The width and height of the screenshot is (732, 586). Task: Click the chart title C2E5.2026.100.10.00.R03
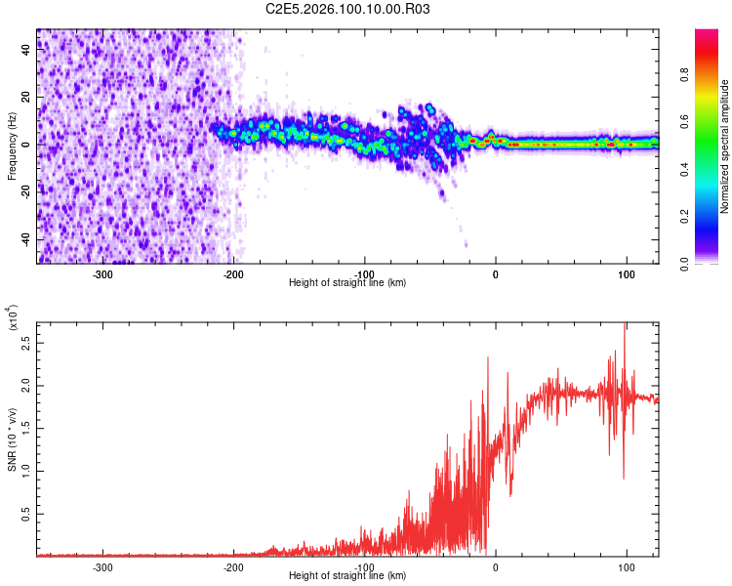(348, 10)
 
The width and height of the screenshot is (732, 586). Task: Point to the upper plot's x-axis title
(347, 282)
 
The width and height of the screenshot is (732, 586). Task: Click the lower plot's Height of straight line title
(347, 575)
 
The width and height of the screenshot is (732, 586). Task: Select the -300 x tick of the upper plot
(103, 273)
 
